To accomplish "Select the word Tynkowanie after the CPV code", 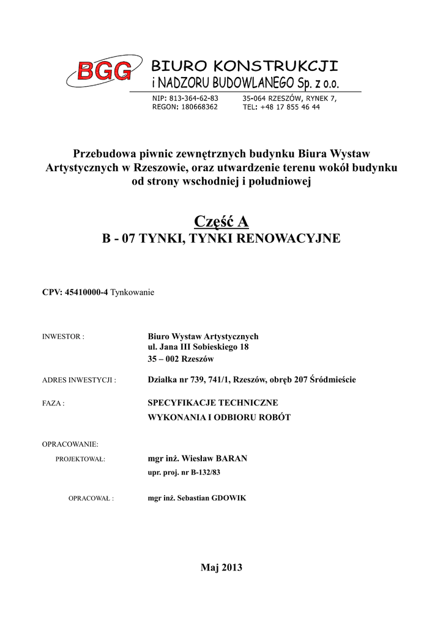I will (132, 293).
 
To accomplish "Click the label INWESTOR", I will (62, 337).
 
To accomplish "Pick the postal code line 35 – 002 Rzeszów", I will (181, 358).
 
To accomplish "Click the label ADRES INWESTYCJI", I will (79, 380).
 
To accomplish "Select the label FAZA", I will (53, 403).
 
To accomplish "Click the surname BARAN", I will (229, 458).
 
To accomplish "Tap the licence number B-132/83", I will (206, 473).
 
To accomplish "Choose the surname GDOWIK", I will (229, 498).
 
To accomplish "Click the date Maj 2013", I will (221, 568).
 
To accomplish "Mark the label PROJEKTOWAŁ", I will (81, 459).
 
